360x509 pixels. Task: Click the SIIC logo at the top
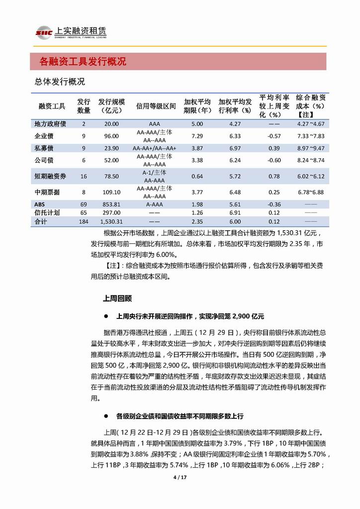(41, 33)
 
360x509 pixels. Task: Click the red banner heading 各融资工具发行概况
(83, 62)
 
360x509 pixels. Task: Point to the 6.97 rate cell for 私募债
(235, 148)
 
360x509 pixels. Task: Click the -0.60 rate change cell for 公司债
(274, 160)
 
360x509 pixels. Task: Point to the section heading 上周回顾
(117, 299)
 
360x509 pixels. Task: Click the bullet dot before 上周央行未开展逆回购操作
(105, 316)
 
